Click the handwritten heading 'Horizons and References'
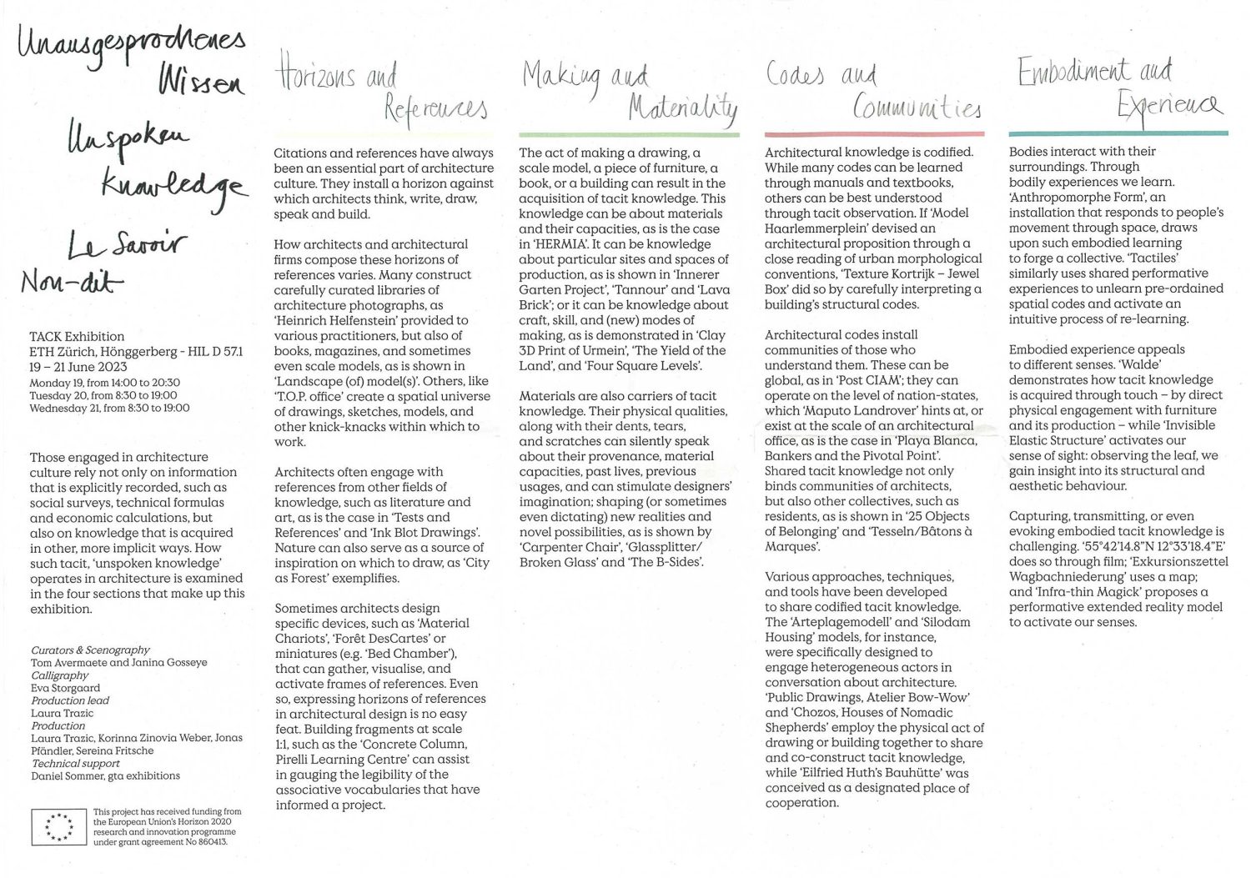point(379,92)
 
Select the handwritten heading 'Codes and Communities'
point(872,92)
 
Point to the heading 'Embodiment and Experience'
point(1118,88)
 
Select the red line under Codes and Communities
point(873,134)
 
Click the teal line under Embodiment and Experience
point(1118,133)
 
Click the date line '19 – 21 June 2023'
point(78,367)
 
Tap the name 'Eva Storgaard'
point(65,688)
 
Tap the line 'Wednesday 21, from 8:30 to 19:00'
point(109,409)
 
